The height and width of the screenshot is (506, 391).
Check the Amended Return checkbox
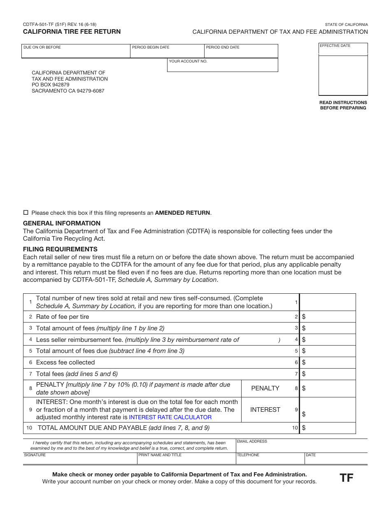click(26, 213)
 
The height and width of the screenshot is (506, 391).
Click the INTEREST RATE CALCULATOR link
click(170, 417)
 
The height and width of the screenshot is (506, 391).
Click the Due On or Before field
click(76, 53)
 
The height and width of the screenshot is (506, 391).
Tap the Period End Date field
click(241, 53)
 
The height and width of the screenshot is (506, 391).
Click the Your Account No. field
click(222, 66)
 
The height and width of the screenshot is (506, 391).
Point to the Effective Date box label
click(335, 46)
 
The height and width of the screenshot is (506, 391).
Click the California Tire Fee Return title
click(72, 32)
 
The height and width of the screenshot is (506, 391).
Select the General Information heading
click(62, 223)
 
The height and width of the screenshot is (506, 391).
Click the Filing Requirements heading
click(61, 249)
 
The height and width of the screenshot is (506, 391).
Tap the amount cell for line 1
click(328, 302)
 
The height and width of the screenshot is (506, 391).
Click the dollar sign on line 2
click(304, 317)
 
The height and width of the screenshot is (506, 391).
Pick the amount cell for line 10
click(329, 428)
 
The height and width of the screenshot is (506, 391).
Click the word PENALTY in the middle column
click(265, 388)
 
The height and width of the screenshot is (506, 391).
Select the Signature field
click(80, 460)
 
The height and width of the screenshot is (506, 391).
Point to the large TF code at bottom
click(346, 478)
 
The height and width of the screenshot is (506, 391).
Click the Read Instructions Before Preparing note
click(343, 105)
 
